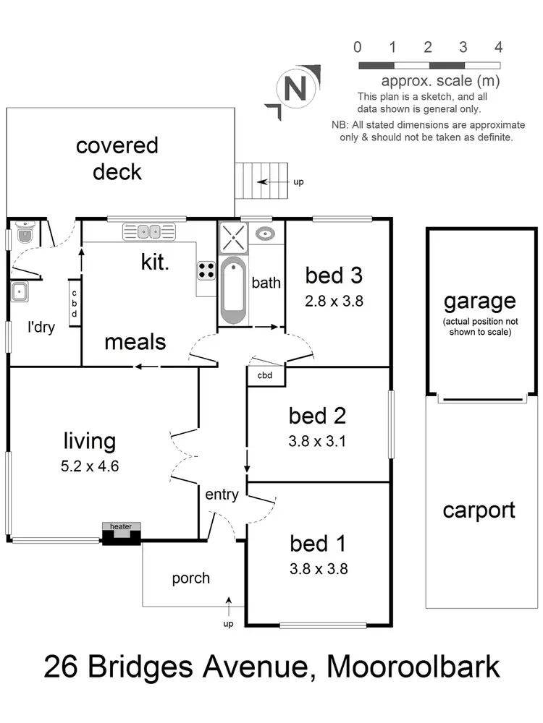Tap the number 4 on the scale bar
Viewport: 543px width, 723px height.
pos(498,48)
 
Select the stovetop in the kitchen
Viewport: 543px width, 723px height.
pos(206,270)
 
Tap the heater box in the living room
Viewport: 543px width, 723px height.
pos(121,533)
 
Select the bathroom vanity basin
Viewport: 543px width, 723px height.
pos(266,234)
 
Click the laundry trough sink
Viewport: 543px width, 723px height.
pos(20,293)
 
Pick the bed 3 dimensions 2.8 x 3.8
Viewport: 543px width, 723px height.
pos(334,301)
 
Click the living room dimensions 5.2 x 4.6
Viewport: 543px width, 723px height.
pos(90,466)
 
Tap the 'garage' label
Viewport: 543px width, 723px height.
pos(480,301)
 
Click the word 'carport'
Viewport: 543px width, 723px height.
pos(479,510)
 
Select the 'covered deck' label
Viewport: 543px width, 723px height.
pos(117,158)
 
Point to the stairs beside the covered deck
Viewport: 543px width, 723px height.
pos(257,182)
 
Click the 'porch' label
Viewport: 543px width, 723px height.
pos(191,578)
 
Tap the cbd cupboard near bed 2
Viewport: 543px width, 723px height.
pos(265,375)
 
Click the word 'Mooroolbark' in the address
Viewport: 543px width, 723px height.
pos(413,666)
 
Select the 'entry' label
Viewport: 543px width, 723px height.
pos(222,495)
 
